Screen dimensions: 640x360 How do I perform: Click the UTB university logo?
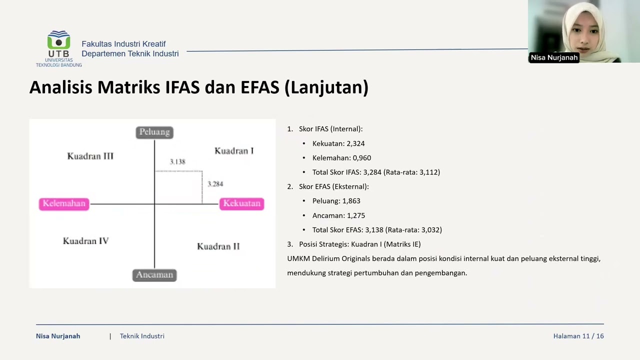(58, 48)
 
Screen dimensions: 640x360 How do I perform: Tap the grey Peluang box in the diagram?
(154, 132)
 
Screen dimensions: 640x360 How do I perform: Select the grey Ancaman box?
(154, 275)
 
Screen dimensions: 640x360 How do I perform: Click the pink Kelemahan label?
(64, 204)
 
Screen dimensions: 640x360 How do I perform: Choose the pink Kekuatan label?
(241, 203)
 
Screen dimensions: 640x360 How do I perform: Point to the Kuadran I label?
(234, 151)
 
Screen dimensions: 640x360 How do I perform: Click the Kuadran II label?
(218, 246)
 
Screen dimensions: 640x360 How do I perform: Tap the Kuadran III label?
(90, 156)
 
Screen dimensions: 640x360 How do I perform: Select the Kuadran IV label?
(85, 241)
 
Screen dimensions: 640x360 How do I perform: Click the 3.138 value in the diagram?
(177, 161)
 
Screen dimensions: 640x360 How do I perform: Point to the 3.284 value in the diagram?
(215, 184)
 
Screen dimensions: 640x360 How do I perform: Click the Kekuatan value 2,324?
(355, 143)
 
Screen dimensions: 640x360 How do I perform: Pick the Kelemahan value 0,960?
(361, 157)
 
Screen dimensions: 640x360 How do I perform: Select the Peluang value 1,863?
(351, 201)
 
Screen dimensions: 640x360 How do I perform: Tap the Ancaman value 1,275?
(355, 215)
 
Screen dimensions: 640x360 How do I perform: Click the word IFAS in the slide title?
(182, 87)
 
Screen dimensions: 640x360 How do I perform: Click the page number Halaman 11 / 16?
(578, 336)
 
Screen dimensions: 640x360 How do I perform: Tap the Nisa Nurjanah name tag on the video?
(554, 57)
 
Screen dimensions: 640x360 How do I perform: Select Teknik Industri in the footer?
(142, 336)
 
